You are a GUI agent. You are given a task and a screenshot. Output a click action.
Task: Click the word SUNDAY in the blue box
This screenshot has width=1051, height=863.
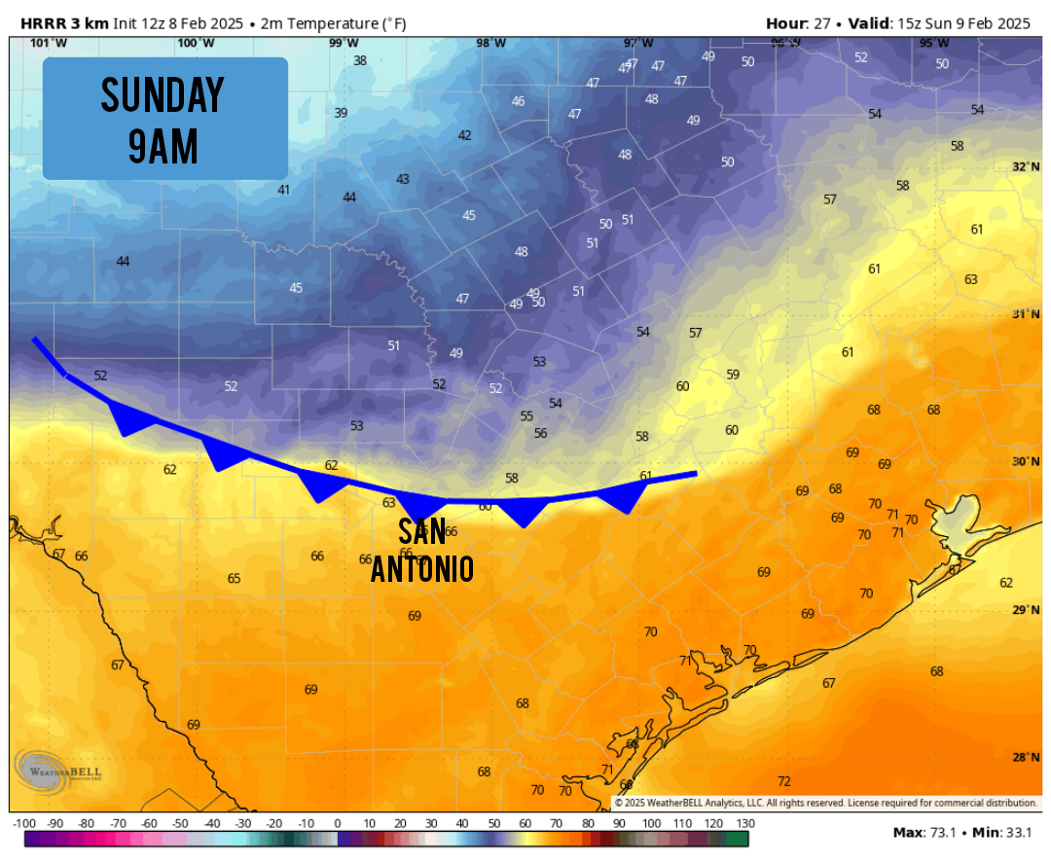[163, 95]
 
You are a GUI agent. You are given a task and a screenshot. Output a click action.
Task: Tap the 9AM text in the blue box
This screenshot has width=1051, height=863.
[163, 146]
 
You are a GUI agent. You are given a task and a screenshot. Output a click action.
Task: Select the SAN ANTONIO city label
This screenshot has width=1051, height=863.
[422, 551]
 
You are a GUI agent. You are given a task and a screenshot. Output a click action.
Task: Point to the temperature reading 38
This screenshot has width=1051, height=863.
[360, 60]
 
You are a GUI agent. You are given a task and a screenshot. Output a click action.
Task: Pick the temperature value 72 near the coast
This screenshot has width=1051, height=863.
[784, 781]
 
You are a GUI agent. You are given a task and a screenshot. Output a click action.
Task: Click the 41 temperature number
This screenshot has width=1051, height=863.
[284, 190]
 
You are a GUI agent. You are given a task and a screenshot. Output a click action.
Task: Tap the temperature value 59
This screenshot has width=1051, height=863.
[733, 375]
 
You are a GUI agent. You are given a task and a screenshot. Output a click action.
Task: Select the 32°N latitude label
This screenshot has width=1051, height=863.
[1026, 167]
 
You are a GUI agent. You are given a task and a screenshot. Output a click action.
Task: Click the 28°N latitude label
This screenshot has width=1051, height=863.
[1026, 758]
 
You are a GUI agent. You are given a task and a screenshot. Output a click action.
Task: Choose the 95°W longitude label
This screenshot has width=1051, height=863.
[934, 43]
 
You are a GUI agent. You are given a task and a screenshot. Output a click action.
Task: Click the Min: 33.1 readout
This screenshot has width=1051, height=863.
[1001, 833]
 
